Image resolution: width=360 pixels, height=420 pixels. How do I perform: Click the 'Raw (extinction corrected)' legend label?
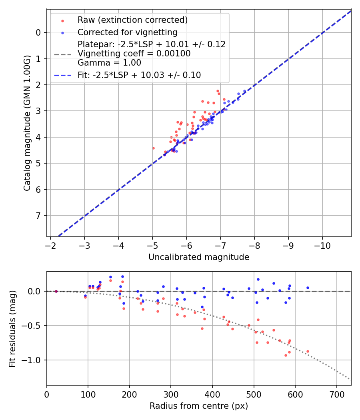(133, 20)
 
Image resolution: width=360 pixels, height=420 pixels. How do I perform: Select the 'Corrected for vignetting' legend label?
(128, 32)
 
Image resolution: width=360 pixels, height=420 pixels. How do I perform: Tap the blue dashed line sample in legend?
(62, 75)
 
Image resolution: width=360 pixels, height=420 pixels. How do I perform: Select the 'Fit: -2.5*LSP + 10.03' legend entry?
(139, 75)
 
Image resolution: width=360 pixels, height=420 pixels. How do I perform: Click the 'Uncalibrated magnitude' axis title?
(199, 257)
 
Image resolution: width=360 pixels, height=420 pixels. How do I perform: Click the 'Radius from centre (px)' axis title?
(199, 406)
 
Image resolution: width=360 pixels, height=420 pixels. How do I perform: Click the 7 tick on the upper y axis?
(39, 216)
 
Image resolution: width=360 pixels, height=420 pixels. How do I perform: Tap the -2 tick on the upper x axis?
(50, 245)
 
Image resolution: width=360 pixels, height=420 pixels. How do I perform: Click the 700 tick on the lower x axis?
(337, 394)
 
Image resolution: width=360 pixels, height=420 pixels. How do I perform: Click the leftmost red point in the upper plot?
(153, 148)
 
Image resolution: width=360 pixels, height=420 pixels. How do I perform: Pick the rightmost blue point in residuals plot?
(308, 288)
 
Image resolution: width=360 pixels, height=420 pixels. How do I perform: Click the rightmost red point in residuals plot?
(308, 351)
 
